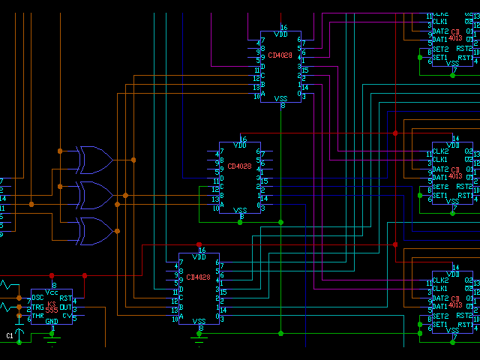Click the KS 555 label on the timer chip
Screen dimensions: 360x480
pyautogui.click(x=52, y=306)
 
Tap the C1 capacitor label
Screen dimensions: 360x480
pyautogui.click(x=10, y=335)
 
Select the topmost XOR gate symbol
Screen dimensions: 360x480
pyautogui.click(x=94, y=159)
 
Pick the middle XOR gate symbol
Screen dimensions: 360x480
pyautogui.click(x=94, y=195)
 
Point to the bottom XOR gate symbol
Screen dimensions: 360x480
pyautogui.click(x=94, y=231)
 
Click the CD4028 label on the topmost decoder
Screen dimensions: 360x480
pyautogui.click(x=280, y=55)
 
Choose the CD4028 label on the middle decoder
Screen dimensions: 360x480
pyautogui.click(x=239, y=166)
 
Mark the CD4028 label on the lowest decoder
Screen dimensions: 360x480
pyautogui.click(x=199, y=277)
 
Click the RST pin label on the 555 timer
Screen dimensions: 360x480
pyautogui.click(x=66, y=298)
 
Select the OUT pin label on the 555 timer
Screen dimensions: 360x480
pyautogui.click(x=65, y=307)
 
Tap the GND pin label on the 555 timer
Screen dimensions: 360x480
pyautogui.click(x=52, y=322)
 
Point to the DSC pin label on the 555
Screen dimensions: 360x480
pyautogui.click(x=37, y=298)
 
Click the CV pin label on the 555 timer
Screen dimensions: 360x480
pyautogui.click(x=67, y=315)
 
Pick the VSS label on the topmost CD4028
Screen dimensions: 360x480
pyautogui.click(x=281, y=98)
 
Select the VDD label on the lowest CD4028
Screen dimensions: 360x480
pyautogui.click(x=199, y=257)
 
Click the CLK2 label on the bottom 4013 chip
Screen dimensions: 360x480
pyautogui.click(x=440, y=280)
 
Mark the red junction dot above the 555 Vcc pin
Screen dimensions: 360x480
pyautogui.click(x=52, y=276)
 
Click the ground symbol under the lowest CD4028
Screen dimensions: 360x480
pyautogui.click(x=199, y=337)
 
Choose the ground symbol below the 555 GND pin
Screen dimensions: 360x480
pyautogui.click(x=52, y=338)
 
